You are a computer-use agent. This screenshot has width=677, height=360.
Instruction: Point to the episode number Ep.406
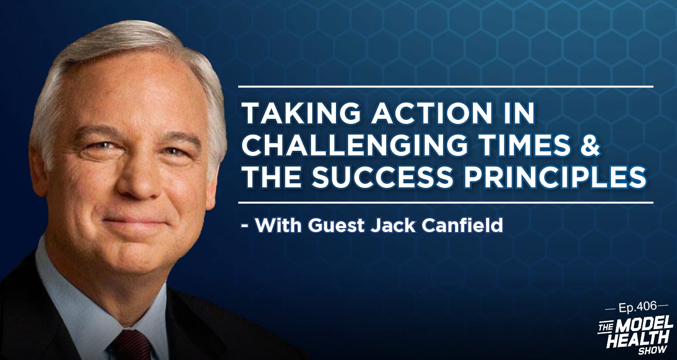pos(637,307)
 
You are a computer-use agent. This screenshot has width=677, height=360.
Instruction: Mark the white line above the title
pos(446,87)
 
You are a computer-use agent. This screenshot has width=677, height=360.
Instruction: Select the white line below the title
pos(446,202)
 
